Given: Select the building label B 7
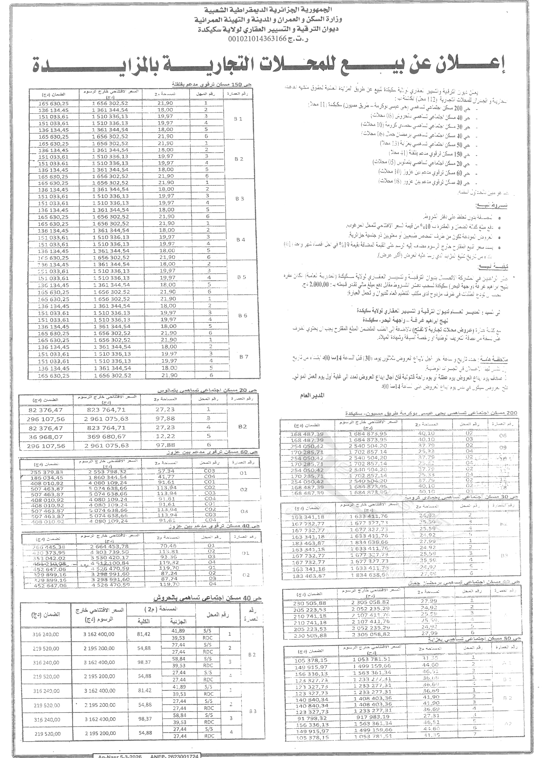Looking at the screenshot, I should [244, 357].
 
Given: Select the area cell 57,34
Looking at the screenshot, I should [166, 471].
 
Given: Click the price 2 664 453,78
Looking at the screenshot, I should [109, 546].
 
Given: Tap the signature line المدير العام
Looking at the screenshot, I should [312, 395].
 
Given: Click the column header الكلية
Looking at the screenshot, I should [144, 621].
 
